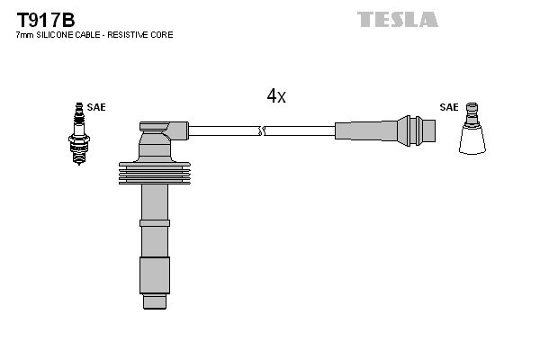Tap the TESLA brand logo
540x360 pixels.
pos(397,19)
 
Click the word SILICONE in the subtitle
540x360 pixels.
pos(54,34)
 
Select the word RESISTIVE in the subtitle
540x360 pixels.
pos(136,34)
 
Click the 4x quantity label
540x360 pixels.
pos(275,96)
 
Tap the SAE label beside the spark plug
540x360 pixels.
pos(96,107)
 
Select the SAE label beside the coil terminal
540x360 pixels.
pos(448,107)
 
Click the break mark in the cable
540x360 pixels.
pos(261,131)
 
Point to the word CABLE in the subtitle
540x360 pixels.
pos(87,34)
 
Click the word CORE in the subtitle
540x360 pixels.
pos(163,34)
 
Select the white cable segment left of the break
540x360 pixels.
pos(224,131)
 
